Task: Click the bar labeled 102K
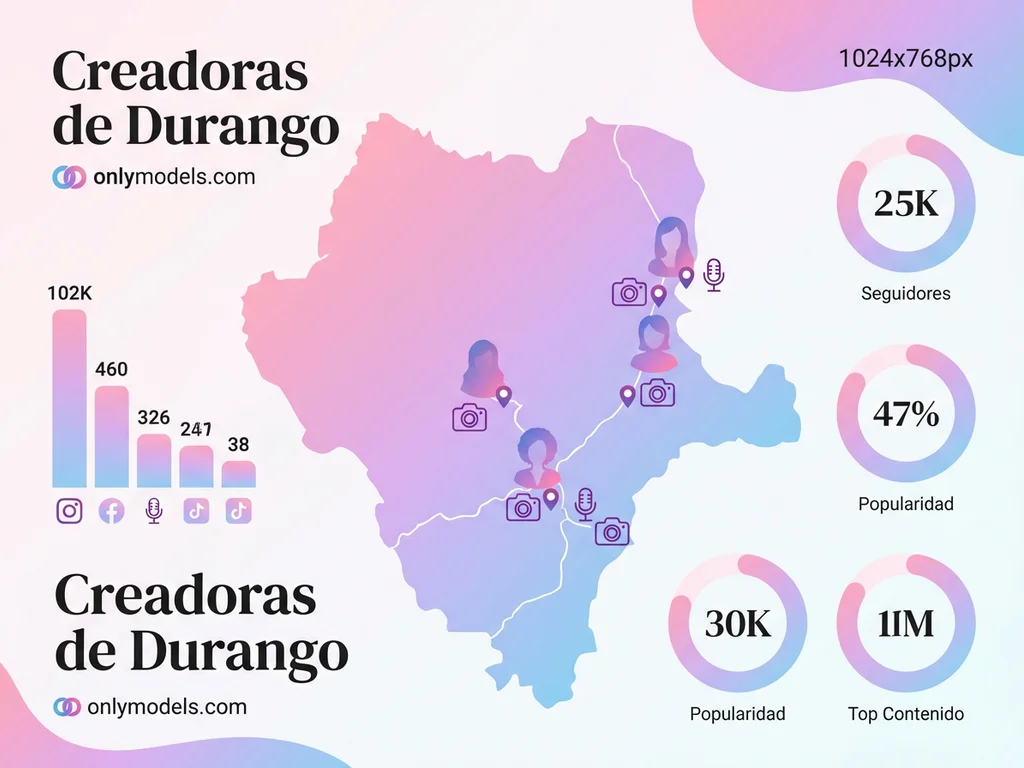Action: point(70,398)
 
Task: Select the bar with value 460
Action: point(112,436)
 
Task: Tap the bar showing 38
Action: point(238,473)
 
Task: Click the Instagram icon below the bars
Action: point(69,511)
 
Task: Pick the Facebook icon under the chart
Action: point(111,512)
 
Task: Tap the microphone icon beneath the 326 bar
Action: point(153,511)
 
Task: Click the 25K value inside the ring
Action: point(905,203)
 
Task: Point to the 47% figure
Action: point(905,413)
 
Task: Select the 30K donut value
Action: point(738,623)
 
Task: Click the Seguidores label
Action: point(905,294)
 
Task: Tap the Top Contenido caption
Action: point(905,714)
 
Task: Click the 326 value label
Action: point(153,417)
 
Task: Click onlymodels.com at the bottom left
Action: point(167,707)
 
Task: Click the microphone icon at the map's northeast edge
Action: point(713,274)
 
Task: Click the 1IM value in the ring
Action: point(905,623)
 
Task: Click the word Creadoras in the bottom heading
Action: point(185,597)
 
